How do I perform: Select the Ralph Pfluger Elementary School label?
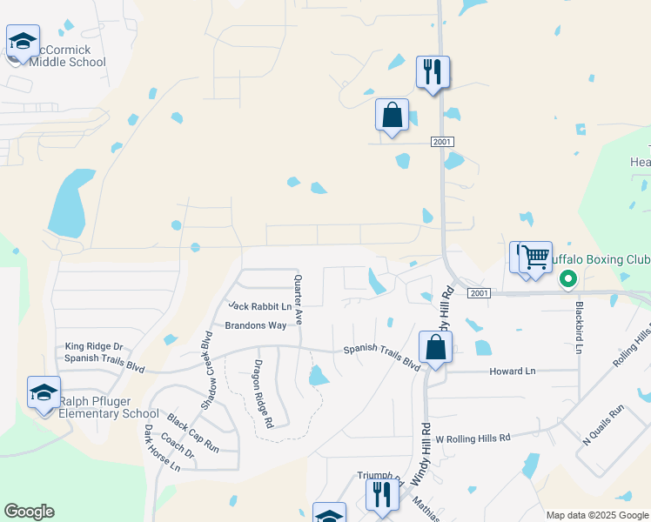[x=108, y=407]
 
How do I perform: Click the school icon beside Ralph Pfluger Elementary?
[x=44, y=392]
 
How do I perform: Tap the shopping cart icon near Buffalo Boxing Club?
[x=536, y=258]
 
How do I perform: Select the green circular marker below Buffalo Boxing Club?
[x=568, y=279]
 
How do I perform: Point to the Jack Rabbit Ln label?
[x=259, y=306]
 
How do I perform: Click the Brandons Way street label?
[x=256, y=325]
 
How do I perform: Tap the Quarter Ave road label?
[x=298, y=300]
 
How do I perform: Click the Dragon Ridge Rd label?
[x=264, y=394]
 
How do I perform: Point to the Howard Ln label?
[x=512, y=371]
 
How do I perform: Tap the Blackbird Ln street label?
[x=578, y=327]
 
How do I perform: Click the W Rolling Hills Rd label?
[x=473, y=439]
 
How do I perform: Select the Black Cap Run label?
[x=192, y=432]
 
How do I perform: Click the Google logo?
[x=29, y=512]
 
